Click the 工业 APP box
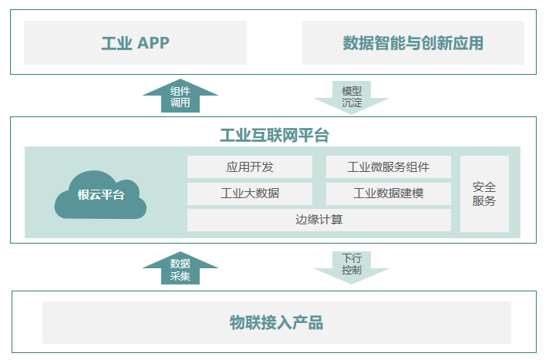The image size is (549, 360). [135, 42]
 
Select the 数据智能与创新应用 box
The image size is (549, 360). [413, 42]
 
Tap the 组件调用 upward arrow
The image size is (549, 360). [180, 96]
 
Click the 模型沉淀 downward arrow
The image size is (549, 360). [352, 98]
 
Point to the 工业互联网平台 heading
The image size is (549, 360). [274, 135]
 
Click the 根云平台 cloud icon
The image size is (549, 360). [100, 195]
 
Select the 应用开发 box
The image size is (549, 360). [250, 167]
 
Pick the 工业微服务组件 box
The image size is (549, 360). [389, 167]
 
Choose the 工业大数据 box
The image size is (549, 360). [250, 193]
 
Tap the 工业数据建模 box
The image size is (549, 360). [389, 193]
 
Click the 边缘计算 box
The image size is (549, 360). [319, 220]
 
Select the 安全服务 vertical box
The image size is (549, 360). [484, 193]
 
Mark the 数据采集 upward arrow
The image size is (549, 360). [180, 268]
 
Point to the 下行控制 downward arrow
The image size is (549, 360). [352, 268]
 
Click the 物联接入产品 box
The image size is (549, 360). [277, 322]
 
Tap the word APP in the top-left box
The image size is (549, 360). [153, 43]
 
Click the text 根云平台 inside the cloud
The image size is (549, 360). [101, 195]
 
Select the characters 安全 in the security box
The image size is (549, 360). [484, 187]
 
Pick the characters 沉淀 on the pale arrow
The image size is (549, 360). [352, 103]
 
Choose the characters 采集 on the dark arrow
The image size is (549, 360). [180, 276]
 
